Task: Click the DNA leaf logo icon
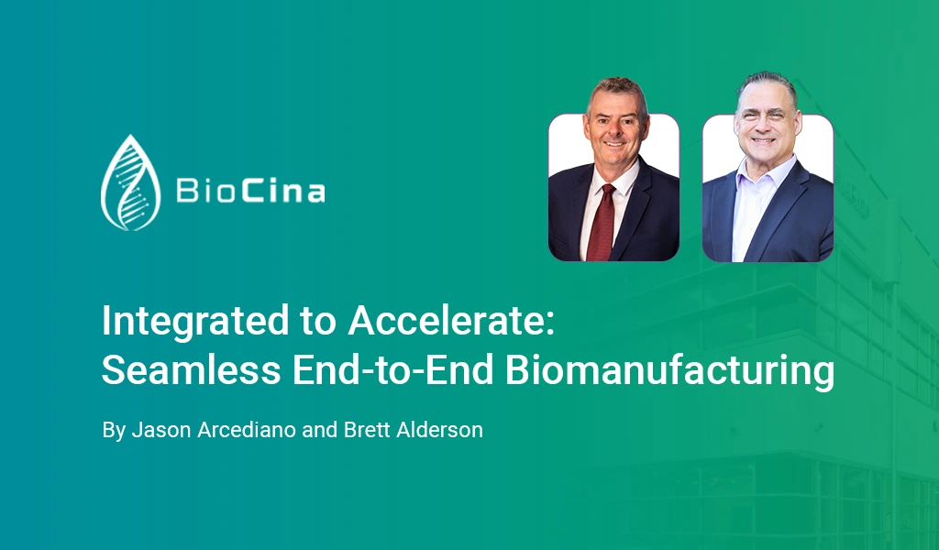[130, 183]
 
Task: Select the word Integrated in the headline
[195, 322]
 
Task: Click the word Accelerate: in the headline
[451, 321]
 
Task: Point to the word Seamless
[191, 369]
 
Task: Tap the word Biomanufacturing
[669, 371]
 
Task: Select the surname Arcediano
[247, 430]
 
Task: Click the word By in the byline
[113, 430]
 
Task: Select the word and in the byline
[320, 430]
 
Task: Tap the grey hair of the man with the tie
[616, 90]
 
